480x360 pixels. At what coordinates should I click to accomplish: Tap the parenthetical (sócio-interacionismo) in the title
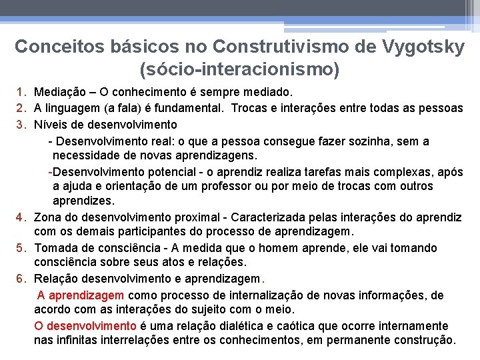[x=239, y=69]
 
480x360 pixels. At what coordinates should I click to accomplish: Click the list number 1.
[x=21, y=91]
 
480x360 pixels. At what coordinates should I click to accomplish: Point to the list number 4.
[x=21, y=217]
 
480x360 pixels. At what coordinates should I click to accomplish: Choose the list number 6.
[x=21, y=279]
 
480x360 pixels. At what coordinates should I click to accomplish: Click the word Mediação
[x=59, y=91]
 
